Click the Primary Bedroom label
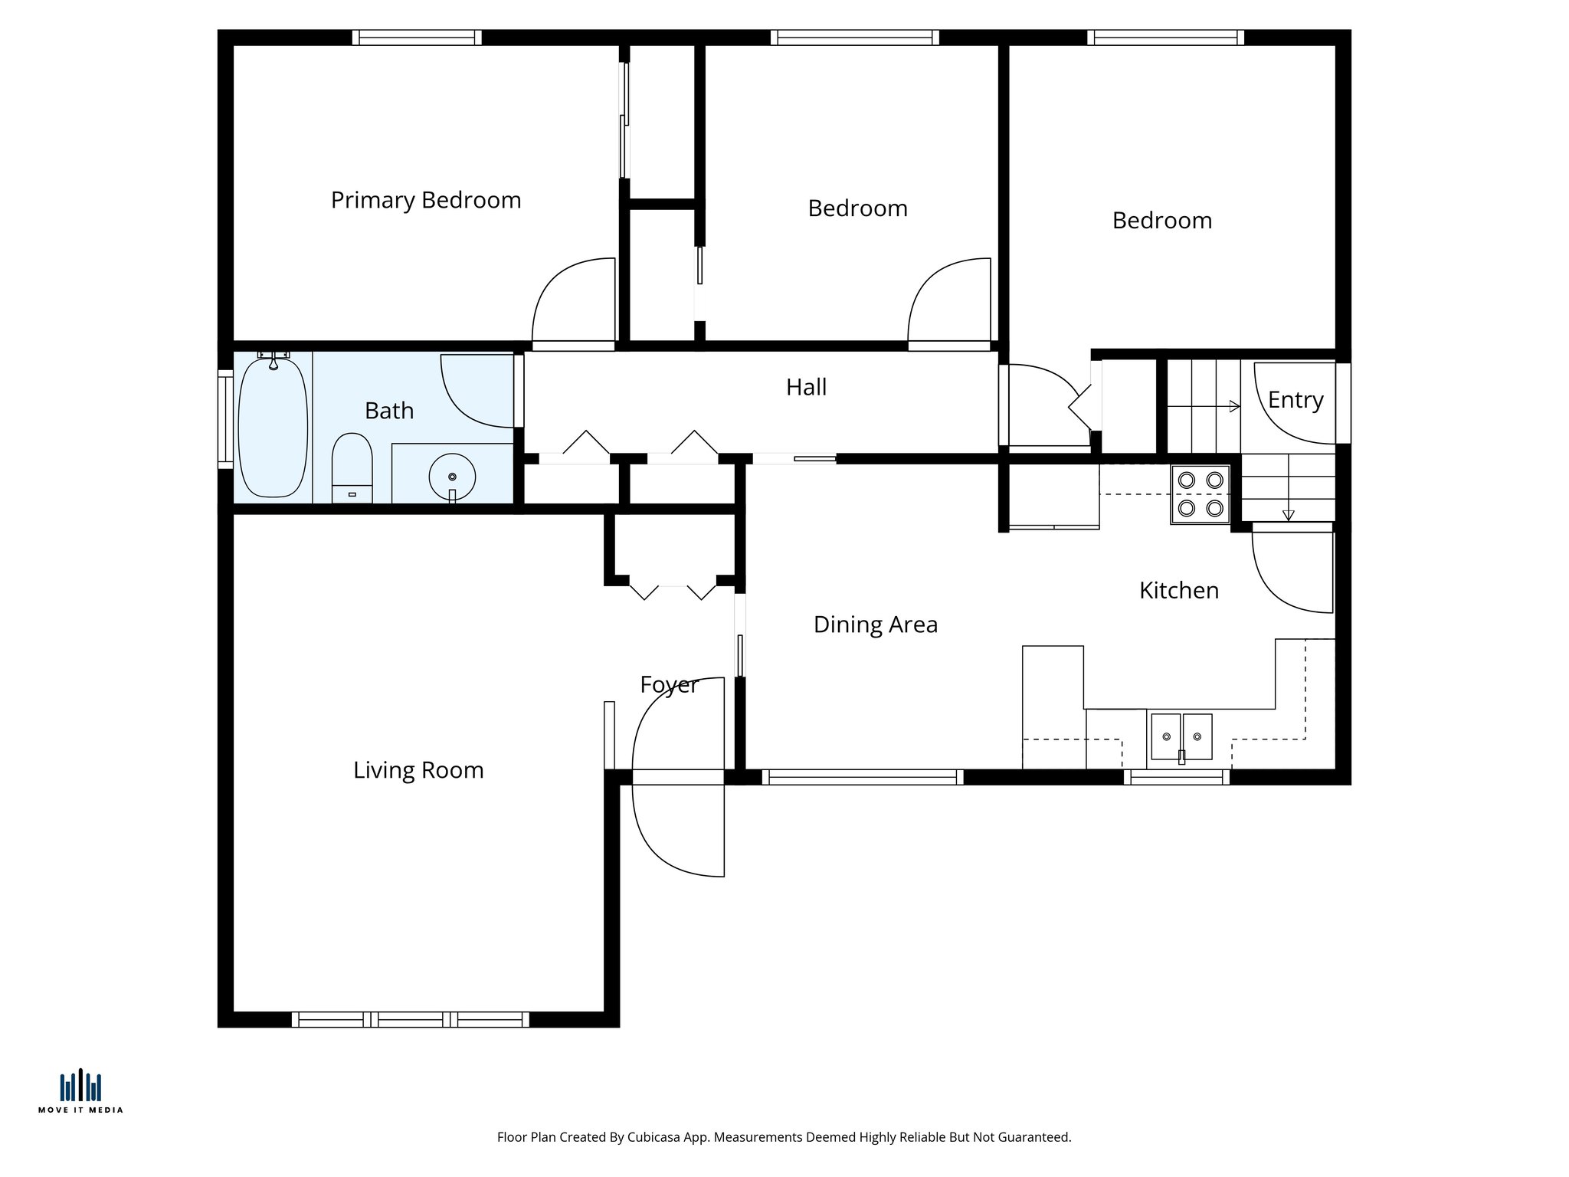426,200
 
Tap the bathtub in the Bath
273,428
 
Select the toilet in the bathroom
352,467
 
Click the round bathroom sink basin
452,477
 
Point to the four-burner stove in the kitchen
1200,494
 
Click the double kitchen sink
1181,736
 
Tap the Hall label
806,387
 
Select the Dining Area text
875,625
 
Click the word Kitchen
1178,590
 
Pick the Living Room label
418,770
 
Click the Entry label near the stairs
1295,400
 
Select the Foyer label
669,684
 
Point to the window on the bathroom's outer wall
224,419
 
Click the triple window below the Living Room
410,1019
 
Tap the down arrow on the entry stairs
1289,515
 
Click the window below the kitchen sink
1177,777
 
